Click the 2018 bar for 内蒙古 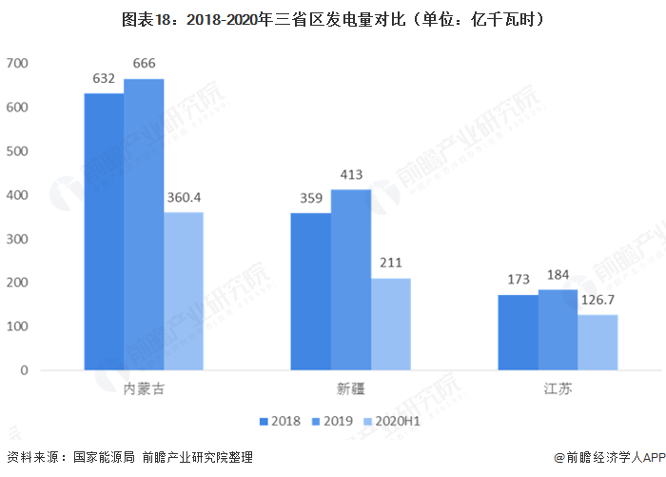104,231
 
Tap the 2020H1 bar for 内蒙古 184,290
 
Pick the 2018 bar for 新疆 310,291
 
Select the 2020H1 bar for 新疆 390,324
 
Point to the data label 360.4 184,199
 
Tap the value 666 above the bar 144,64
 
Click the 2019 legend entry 332,420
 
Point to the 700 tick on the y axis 18,64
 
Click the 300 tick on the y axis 18,239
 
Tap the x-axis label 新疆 350,388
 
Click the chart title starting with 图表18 333,18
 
